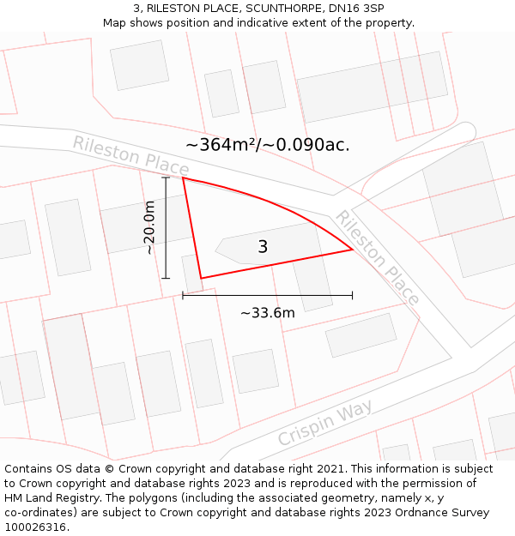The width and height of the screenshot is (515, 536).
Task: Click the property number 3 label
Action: (263, 247)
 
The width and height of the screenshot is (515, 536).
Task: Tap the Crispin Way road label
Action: (325, 422)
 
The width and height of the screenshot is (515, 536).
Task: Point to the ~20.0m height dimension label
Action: (149, 227)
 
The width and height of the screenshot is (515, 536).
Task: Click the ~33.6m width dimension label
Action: (268, 313)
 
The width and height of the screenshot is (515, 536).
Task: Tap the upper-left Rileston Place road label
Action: (130, 154)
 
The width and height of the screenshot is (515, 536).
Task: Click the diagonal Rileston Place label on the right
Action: (377, 257)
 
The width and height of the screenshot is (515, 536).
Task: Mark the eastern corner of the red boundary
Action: (353, 250)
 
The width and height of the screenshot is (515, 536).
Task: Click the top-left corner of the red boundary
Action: (183, 178)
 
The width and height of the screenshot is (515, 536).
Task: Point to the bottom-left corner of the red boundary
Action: (201, 278)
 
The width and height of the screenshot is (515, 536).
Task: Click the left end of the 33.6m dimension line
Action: (183, 295)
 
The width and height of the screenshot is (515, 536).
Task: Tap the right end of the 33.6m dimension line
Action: (352, 295)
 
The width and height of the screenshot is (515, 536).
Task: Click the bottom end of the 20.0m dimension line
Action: (166, 278)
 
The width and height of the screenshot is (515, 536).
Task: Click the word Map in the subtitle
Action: (116, 22)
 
